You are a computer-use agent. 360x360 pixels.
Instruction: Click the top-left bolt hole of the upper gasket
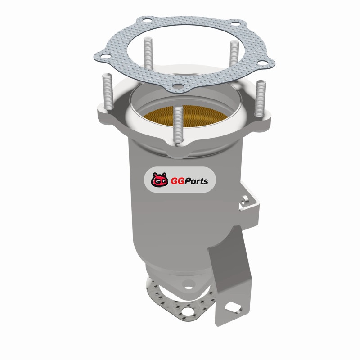[x=146, y=21]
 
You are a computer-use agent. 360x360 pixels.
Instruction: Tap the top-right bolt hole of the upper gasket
[x=234, y=23]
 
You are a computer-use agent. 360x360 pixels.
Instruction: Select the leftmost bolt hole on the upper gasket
[x=105, y=56]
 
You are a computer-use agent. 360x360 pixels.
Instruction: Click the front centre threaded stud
[x=177, y=126]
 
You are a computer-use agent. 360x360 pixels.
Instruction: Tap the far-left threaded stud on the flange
[x=107, y=93]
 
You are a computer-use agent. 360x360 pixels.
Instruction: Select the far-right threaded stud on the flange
[x=260, y=99]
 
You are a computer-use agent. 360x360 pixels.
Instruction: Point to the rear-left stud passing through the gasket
[x=148, y=54]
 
